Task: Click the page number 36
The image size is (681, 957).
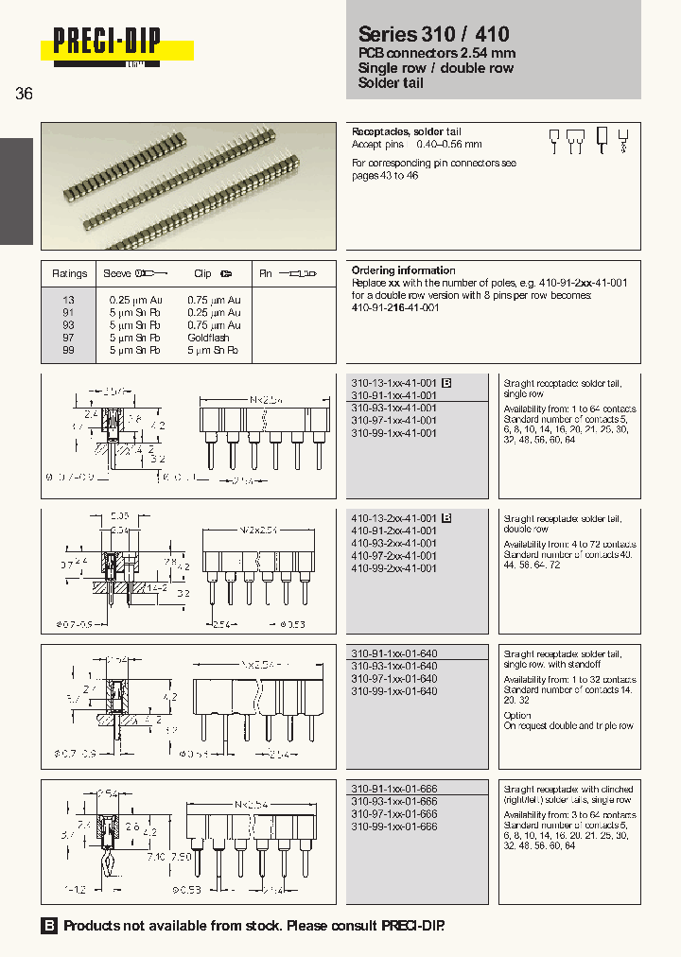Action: (25, 94)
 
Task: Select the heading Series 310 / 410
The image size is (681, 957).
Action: (434, 35)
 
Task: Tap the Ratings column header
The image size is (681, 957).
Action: (70, 273)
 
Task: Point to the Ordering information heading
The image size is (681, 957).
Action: (403, 270)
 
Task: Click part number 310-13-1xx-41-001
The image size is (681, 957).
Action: (393, 383)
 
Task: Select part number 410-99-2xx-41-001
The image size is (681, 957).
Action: (393, 568)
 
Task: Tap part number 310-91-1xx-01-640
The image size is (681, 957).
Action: (393, 653)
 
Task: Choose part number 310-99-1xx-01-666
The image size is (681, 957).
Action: (393, 826)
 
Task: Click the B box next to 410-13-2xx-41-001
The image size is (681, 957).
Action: (447, 518)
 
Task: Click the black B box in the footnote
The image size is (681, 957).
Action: (49, 926)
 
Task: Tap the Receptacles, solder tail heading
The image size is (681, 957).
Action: (406, 131)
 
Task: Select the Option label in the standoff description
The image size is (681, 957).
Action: (517, 715)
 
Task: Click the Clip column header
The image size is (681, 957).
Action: (202, 273)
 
